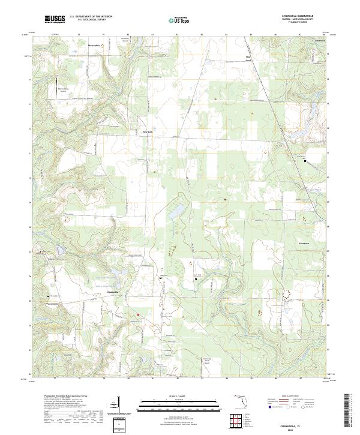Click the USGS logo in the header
coord(55,20)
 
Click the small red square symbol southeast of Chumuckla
coord(137,314)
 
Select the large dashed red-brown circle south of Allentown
coord(286,293)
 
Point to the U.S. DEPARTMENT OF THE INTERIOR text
coord(91,17)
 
